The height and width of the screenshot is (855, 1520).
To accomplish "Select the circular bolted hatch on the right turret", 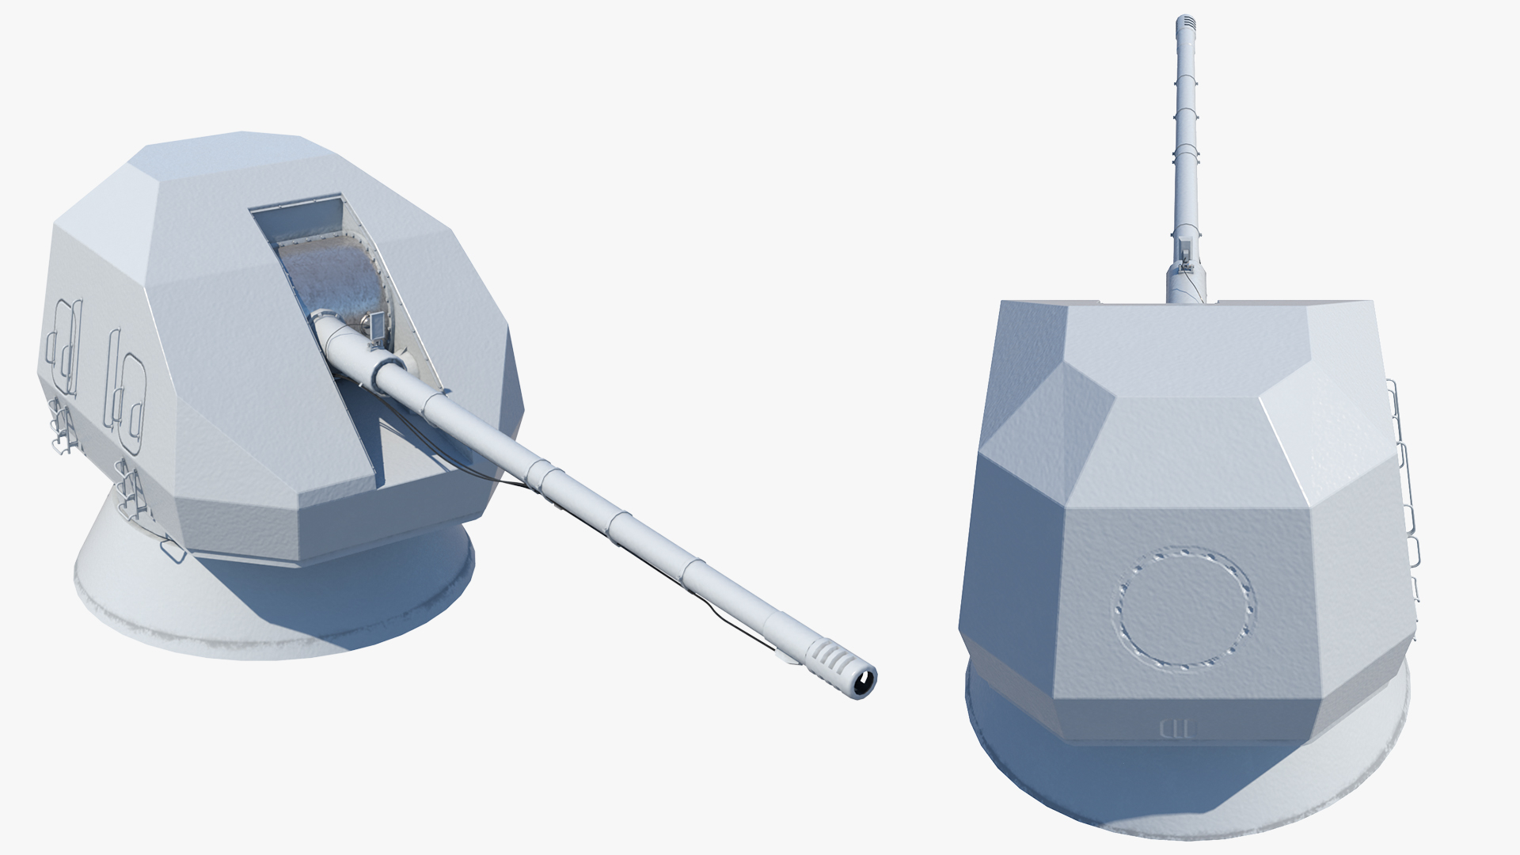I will click(x=1186, y=606).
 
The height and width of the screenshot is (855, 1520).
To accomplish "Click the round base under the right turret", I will click(x=1187, y=800).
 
